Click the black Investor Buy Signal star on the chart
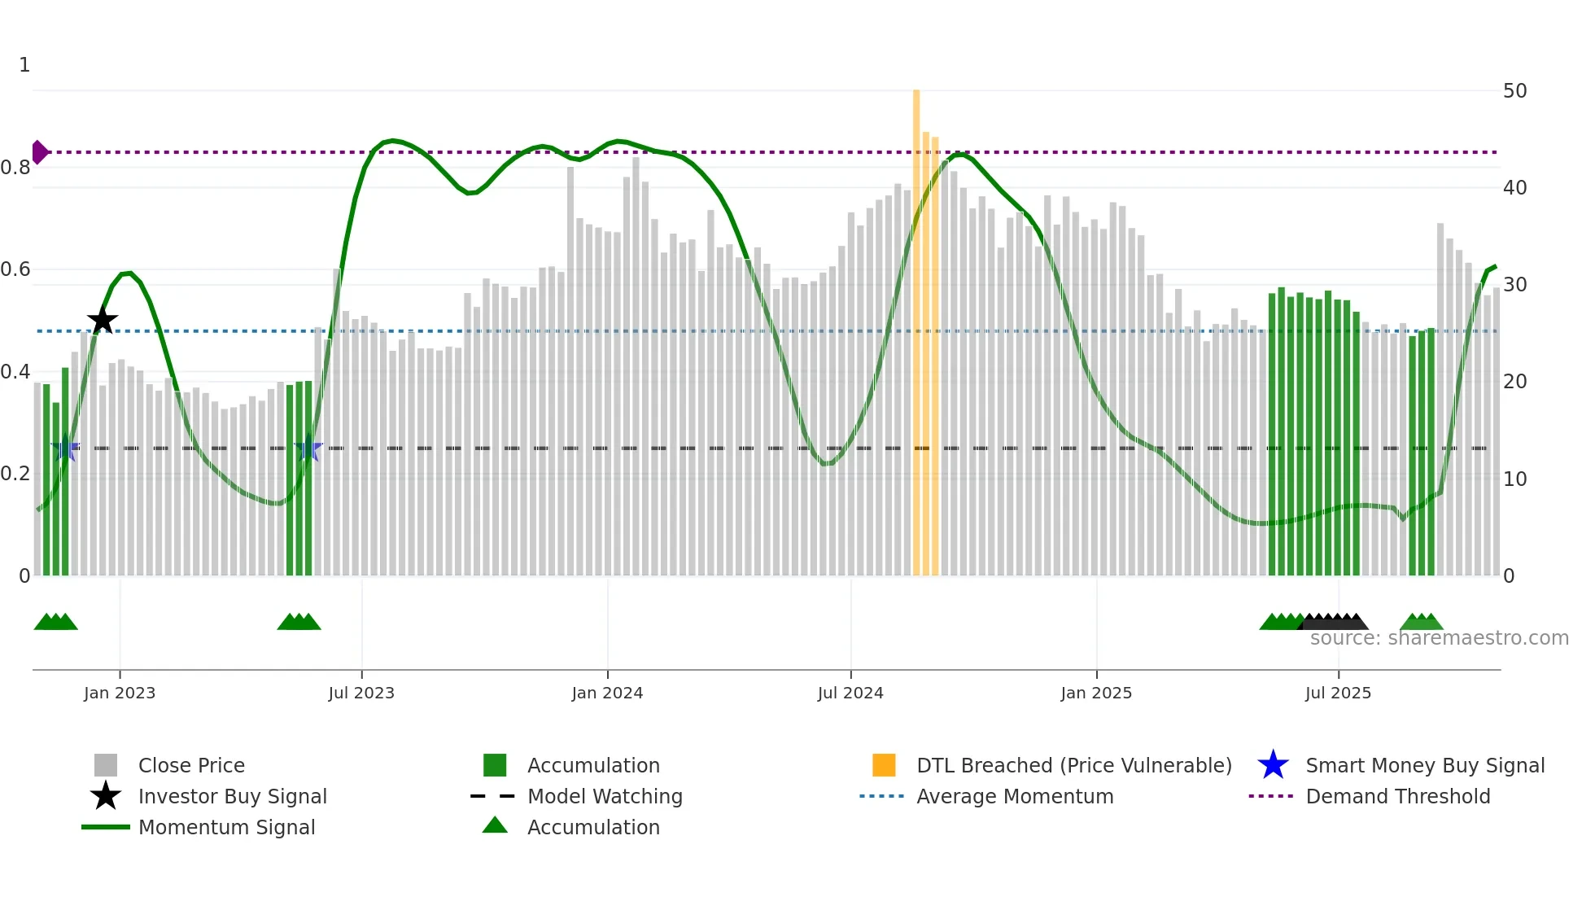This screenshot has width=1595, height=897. point(103,321)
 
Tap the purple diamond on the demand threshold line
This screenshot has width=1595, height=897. point(39,152)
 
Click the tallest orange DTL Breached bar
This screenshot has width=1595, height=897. point(916,326)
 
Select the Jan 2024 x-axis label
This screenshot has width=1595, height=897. point(607,693)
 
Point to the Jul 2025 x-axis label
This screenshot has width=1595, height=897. point(1338,693)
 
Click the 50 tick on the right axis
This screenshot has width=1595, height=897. point(1514,91)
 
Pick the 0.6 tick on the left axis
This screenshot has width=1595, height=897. point(15,269)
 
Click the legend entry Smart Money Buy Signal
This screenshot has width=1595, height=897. point(1424,765)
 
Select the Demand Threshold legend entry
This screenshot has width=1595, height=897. point(1397,796)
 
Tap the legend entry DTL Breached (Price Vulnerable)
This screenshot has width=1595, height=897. point(1073,765)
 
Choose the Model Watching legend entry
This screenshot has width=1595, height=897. point(605,796)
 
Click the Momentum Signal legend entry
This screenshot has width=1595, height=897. point(226,827)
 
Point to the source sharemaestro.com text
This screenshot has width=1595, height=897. point(1439,638)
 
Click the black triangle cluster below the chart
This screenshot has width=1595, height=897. point(1335,622)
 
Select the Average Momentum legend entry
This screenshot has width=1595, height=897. point(1014,796)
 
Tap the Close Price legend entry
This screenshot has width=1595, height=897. point(191,765)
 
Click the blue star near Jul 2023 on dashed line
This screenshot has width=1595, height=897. point(308,448)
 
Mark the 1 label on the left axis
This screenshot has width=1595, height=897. point(24,65)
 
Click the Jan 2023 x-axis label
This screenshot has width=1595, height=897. point(120,693)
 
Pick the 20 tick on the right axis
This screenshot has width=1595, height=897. point(1514,382)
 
